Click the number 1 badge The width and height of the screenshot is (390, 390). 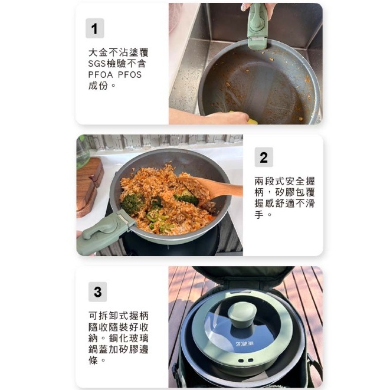click(94, 28)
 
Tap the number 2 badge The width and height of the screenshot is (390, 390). click(264, 157)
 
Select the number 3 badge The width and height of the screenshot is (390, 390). click(97, 291)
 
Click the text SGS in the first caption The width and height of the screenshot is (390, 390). click(97, 64)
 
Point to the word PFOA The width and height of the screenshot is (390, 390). click(100, 74)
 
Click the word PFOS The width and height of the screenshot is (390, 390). click(130, 74)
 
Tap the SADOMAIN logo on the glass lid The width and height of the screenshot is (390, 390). click(244, 343)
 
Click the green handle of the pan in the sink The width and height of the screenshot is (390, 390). click(257, 26)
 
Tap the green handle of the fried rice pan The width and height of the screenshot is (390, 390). click(104, 232)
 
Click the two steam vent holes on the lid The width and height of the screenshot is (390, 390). click(245, 360)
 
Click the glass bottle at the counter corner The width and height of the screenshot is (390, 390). click(83, 152)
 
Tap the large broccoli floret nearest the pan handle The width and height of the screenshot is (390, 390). click(132, 204)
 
